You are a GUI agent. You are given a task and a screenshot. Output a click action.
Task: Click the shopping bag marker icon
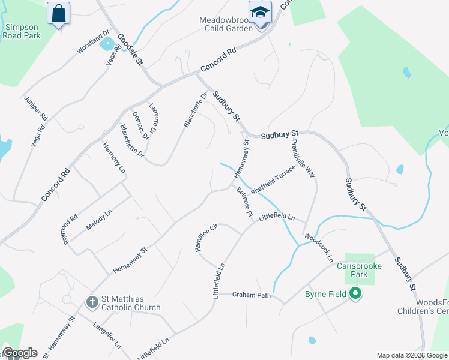coord(58,12)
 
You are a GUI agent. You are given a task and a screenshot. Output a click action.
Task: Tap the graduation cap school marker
coord(260,11)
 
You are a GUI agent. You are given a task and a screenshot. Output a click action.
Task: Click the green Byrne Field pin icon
coord(355,294)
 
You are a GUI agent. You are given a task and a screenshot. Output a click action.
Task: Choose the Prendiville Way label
coord(303,157)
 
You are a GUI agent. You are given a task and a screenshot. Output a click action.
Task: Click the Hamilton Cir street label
coord(205,238)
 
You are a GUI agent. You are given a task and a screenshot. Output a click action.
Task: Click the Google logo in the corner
coord(20,353)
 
